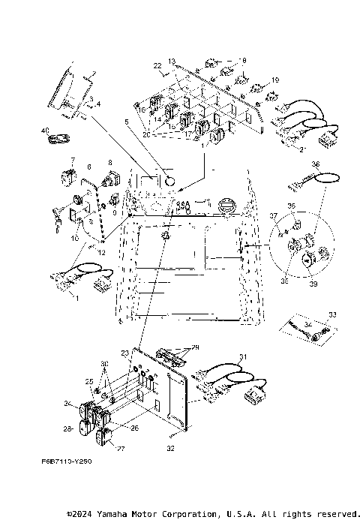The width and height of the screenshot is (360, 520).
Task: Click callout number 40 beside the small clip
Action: (44, 131)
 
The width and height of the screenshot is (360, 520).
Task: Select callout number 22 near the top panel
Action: (158, 66)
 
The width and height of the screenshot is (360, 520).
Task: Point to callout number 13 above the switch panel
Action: (172, 60)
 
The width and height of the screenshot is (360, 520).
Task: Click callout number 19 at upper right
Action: (275, 80)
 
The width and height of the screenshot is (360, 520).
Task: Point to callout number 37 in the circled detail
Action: (274, 215)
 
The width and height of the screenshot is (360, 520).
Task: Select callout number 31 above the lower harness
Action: (242, 356)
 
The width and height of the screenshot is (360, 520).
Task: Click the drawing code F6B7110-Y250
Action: (67, 462)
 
